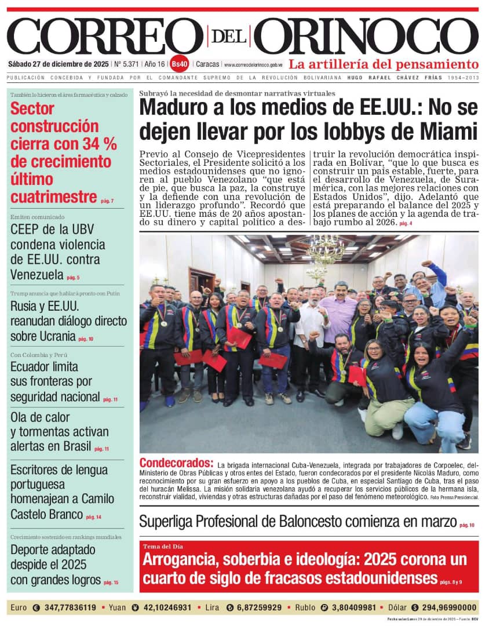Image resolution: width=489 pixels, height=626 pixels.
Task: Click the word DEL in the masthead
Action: click(x=229, y=36)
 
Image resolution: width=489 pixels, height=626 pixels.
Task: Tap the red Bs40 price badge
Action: click(x=180, y=64)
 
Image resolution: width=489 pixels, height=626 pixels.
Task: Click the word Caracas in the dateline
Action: click(x=207, y=64)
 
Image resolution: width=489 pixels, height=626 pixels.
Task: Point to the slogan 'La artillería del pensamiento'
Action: click(x=384, y=64)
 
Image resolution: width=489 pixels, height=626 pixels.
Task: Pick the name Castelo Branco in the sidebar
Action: click(x=46, y=514)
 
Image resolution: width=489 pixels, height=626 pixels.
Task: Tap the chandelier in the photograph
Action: click(x=325, y=250)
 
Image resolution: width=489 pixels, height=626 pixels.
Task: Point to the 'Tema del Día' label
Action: click(x=162, y=547)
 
